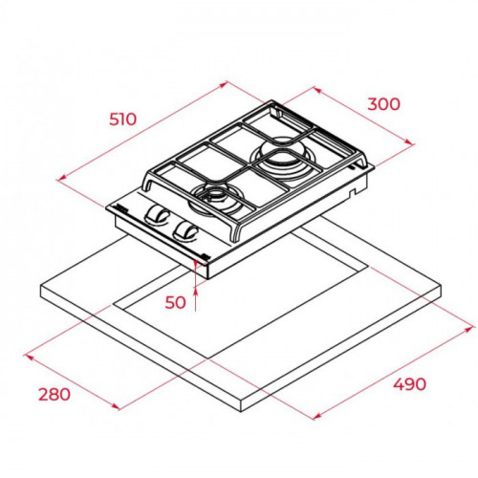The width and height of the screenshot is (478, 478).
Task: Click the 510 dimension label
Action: [x=122, y=119]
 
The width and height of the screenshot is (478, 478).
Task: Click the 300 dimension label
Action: [x=383, y=104]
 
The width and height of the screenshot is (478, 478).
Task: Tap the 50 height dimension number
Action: [x=175, y=302]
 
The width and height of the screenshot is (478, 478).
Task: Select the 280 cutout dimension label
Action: [x=54, y=394]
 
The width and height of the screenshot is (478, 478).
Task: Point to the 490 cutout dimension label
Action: [x=409, y=384]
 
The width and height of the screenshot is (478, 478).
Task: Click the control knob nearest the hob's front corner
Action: [x=185, y=232]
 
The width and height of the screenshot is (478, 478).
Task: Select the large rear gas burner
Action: [x=282, y=156]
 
